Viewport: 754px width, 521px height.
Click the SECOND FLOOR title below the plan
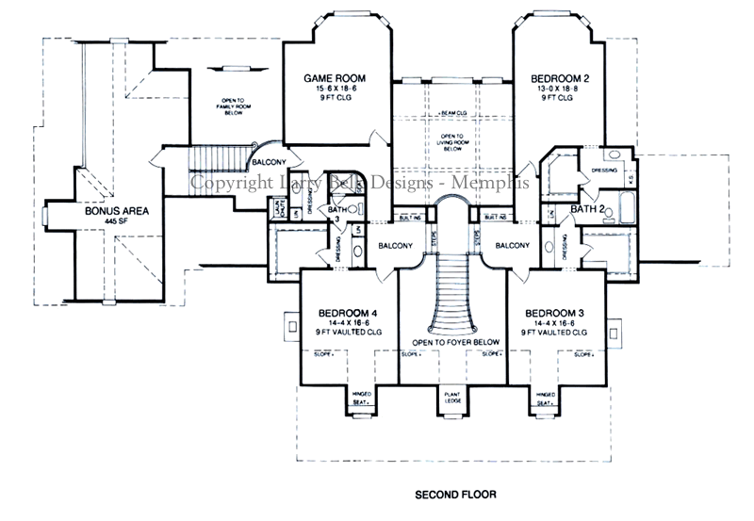pos(456,493)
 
